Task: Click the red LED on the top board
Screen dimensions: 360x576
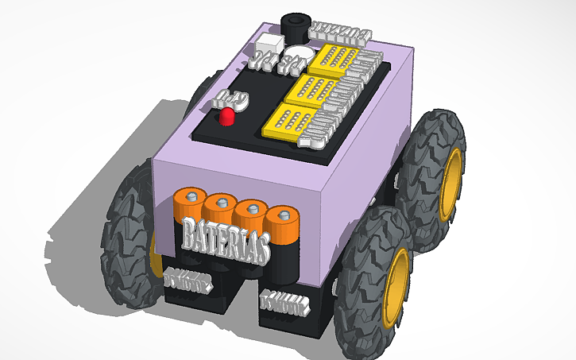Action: (x=227, y=118)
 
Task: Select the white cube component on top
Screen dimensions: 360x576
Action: (x=273, y=45)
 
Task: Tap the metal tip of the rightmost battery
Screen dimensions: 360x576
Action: (x=280, y=214)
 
